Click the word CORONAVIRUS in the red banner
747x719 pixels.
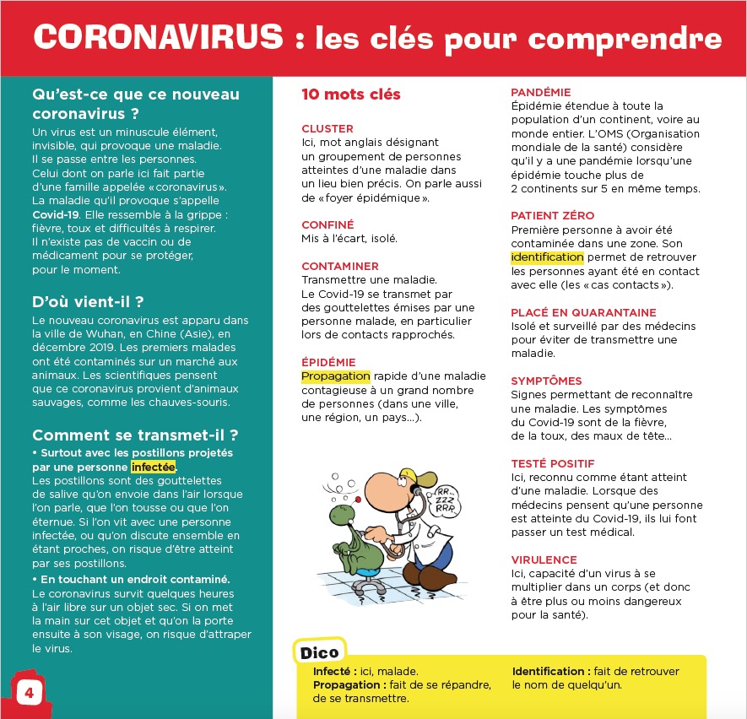(158, 38)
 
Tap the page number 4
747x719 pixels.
(30, 693)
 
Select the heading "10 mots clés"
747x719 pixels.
(350, 95)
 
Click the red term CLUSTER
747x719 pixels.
(327, 129)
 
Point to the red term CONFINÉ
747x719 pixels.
(327, 224)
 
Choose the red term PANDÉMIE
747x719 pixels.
(541, 92)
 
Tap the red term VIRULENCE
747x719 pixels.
(544, 560)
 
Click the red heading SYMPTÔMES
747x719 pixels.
(546, 381)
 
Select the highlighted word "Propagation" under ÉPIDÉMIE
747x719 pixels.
(335, 376)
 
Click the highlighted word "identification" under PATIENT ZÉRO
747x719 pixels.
(547, 257)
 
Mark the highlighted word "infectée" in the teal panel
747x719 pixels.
(153, 467)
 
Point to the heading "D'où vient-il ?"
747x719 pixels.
(87, 301)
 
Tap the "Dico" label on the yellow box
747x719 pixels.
(320, 651)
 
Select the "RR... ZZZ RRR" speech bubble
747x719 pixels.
(443, 500)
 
